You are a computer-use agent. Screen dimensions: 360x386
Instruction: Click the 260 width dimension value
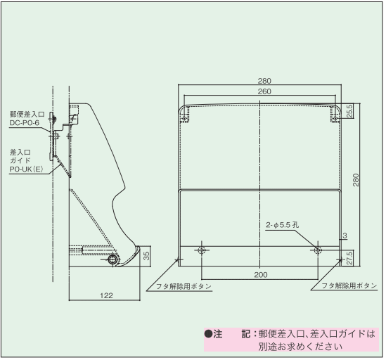tap(259, 91)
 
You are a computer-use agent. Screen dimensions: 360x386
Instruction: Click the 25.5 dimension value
tap(349, 111)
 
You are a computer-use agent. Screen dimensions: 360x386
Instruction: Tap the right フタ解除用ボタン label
tap(345, 287)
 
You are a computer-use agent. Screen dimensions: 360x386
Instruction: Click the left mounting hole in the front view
tap(202, 250)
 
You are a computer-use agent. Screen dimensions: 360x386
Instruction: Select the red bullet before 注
tap(209, 333)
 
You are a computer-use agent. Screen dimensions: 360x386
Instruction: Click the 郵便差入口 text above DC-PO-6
tap(26, 113)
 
